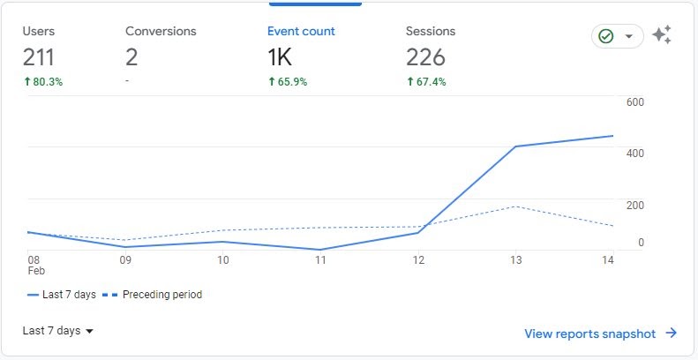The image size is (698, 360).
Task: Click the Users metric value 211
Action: click(x=39, y=57)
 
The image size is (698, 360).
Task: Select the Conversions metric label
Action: click(x=161, y=31)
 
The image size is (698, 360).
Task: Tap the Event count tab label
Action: click(x=301, y=31)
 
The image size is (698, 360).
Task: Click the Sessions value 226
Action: click(x=425, y=57)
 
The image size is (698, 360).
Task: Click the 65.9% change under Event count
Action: click(x=288, y=82)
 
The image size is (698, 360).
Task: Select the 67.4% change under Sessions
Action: click(x=425, y=82)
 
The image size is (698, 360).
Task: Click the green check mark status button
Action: click(x=616, y=36)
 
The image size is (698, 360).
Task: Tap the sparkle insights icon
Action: click(x=662, y=35)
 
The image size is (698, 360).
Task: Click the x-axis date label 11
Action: click(x=320, y=260)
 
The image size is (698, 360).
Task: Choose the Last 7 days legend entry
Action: click(x=62, y=295)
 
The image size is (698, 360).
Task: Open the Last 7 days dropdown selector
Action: click(x=58, y=331)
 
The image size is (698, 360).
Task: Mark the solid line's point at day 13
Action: click(x=515, y=146)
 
